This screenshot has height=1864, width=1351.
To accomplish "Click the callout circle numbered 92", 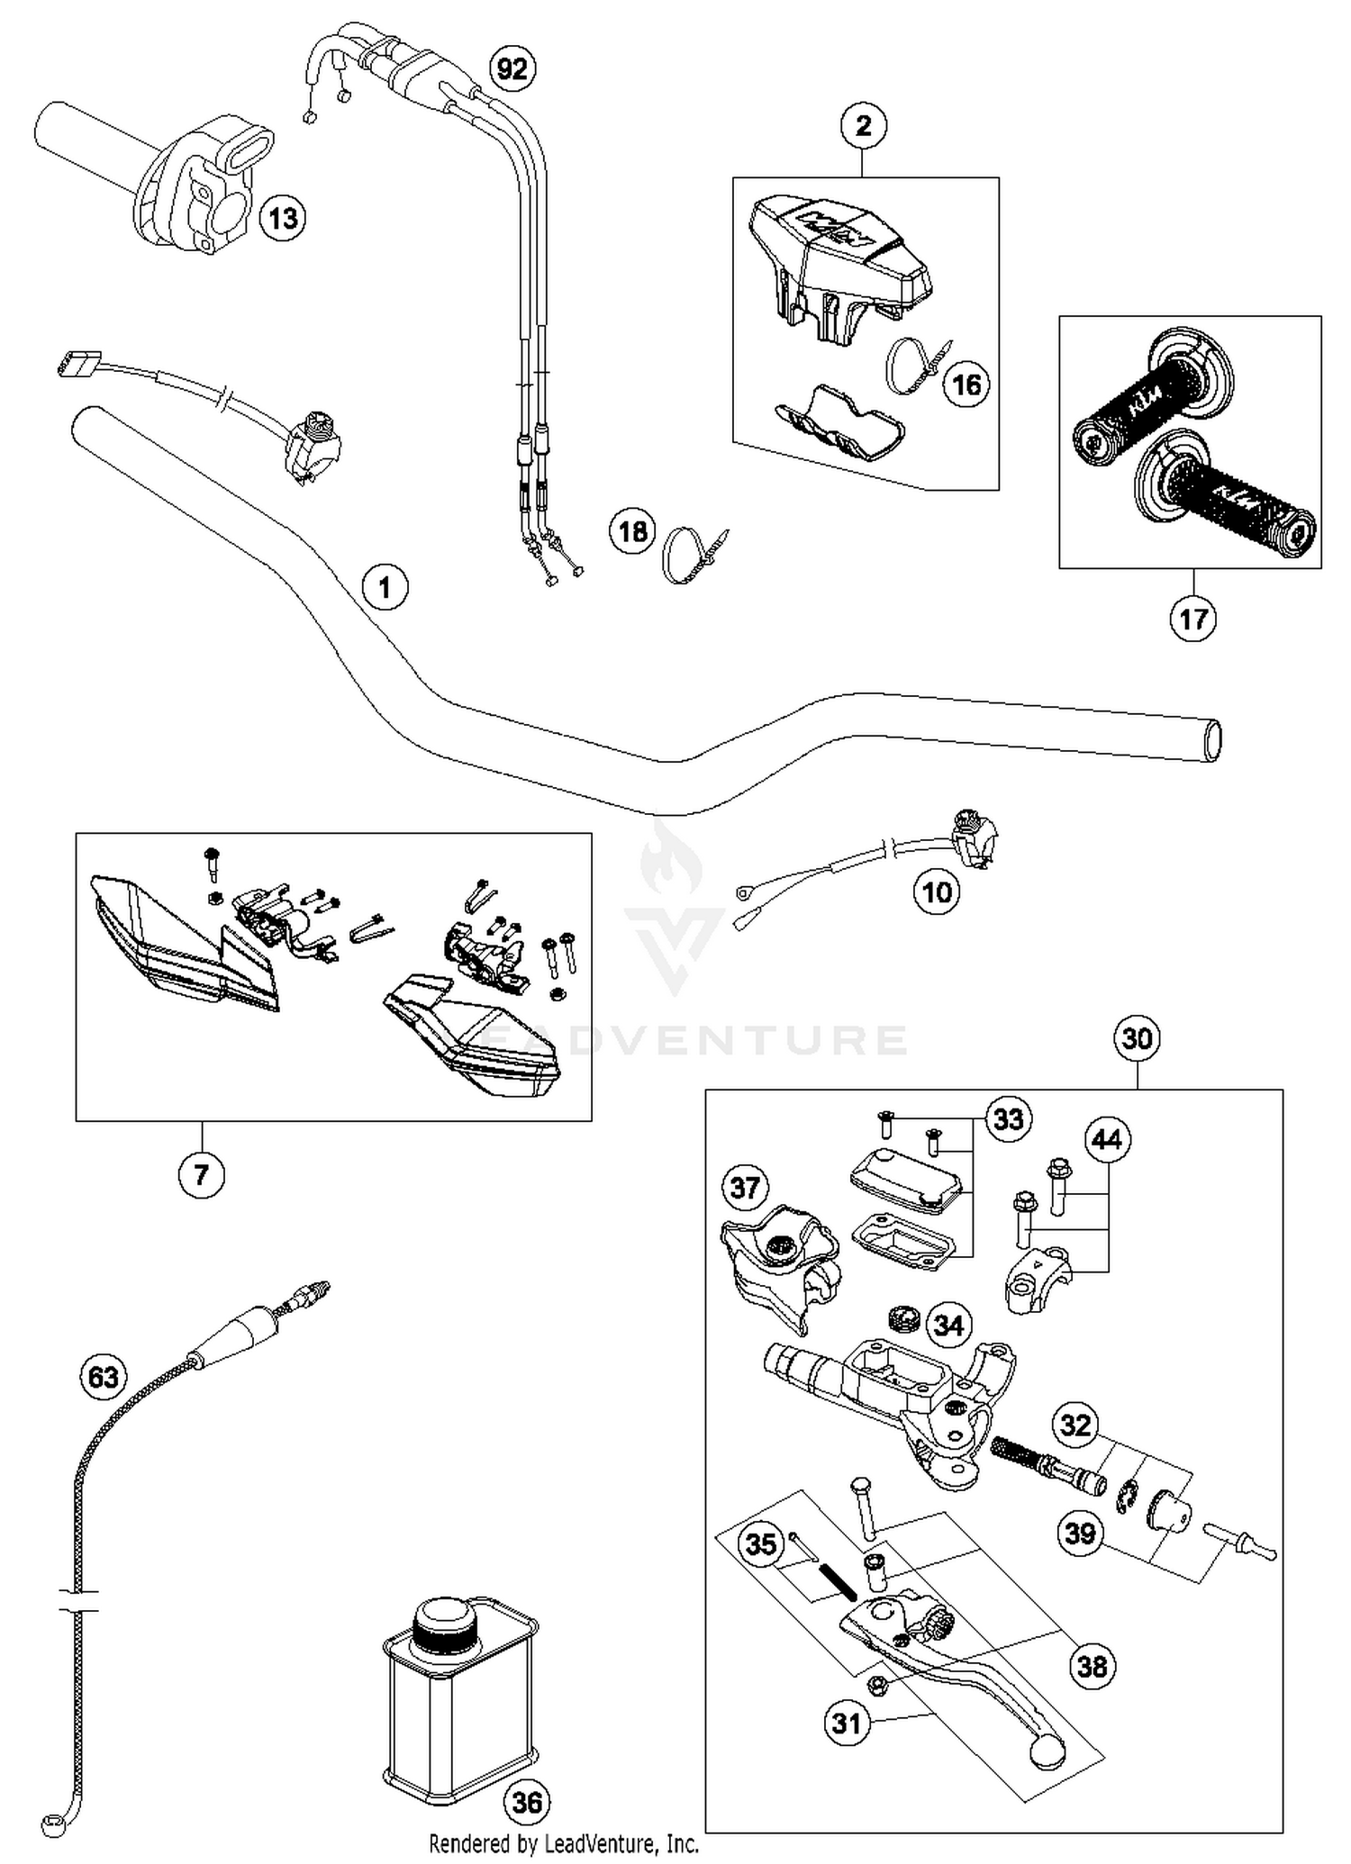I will coord(512,68).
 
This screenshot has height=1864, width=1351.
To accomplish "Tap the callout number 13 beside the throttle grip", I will coord(283,218).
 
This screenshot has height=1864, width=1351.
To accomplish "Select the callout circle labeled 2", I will coord(863,126).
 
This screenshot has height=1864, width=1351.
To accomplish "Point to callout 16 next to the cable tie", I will coord(966,385).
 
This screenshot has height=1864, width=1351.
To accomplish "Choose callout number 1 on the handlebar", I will coord(385,588).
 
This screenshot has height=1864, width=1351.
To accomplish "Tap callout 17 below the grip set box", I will coord(1192,620).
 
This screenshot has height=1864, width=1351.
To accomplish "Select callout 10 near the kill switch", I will coord(937,892).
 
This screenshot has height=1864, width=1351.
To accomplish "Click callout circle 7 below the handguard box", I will coord(201,1174).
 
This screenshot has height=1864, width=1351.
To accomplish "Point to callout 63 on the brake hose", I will coord(103,1377).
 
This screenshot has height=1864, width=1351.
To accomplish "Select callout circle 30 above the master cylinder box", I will coord(1137,1039).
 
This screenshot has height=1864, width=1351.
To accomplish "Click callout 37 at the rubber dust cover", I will coord(744,1188).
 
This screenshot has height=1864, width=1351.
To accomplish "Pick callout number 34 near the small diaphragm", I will coord(948,1325).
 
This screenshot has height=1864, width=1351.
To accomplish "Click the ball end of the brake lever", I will coord(1046,1751).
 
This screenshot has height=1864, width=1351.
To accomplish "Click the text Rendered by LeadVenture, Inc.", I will coord(564,1843).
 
